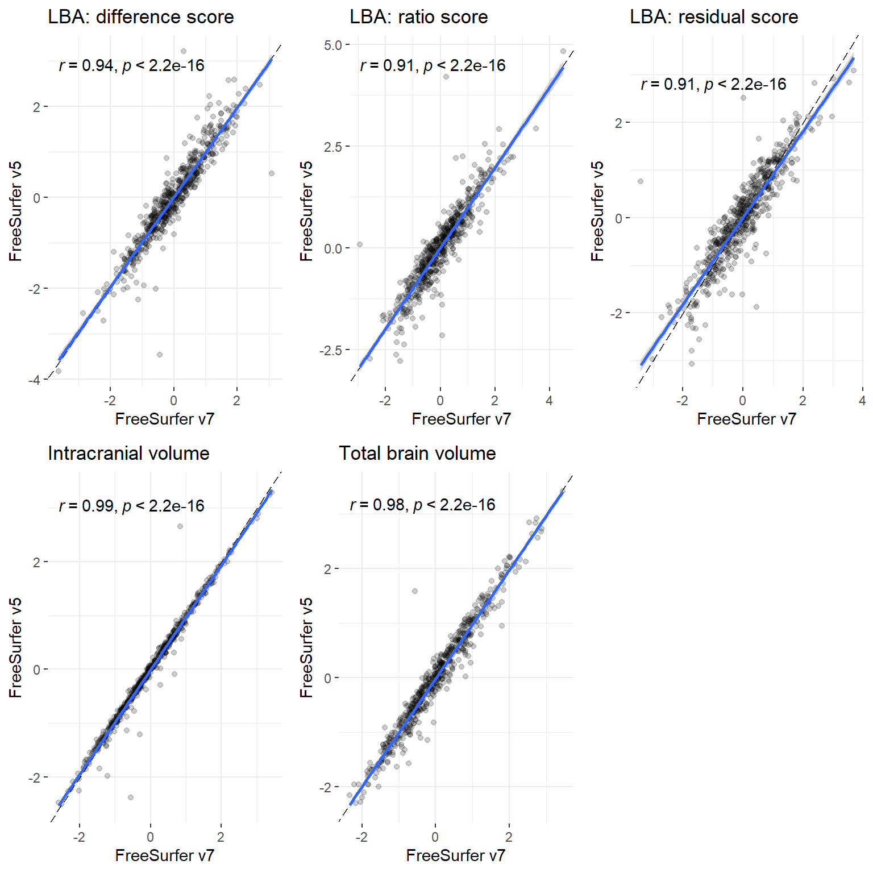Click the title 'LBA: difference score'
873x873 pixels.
(x=141, y=17)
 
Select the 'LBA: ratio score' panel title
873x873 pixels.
(x=418, y=17)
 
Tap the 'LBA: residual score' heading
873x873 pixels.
(x=714, y=17)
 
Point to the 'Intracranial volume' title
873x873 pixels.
(x=128, y=454)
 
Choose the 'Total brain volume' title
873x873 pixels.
(x=417, y=454)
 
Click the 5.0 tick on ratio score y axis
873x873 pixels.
(x=332, y=45)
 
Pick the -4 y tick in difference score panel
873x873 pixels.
(x=35, y=380)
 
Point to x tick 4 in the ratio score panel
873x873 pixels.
(x=549, y=401)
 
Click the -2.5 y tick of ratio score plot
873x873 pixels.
(x=330, y=350)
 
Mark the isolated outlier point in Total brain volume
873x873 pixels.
(x=415, y=591)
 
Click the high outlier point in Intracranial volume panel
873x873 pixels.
(x=180, y=526)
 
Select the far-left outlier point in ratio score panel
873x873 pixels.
(x=360, y=245)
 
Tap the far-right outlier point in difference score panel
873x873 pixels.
(x=272, y=173)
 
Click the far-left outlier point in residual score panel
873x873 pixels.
(x=641, y=181)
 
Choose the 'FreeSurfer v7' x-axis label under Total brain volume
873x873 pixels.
(x=455, y=855)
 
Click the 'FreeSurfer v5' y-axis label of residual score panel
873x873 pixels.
(x=597, y=211)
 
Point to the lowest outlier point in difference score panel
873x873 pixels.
(x=160, y=355)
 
